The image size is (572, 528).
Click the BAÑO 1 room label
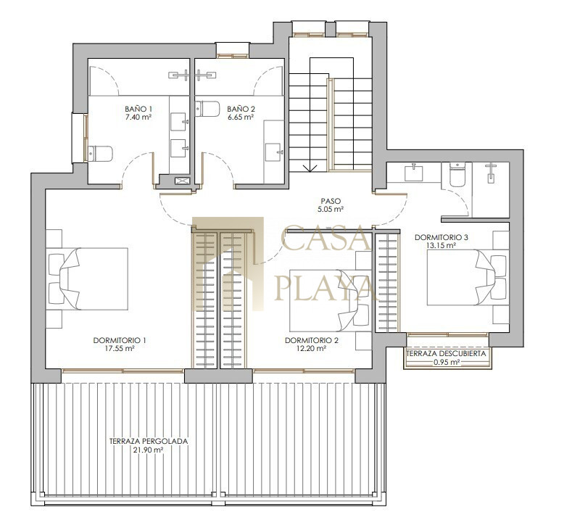[138, 109]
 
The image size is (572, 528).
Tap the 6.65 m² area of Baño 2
[241, 117]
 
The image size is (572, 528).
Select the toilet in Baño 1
[99, 154]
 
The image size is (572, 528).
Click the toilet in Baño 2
[207, 109]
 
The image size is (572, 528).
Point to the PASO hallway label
[331, 201]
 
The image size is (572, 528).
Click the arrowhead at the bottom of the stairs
[310, 168]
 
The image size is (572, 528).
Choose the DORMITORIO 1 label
[120, 340]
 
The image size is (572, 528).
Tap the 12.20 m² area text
[311, 348]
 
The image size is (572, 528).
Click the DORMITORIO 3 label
[441, 237]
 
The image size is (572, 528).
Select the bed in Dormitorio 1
[88, 279]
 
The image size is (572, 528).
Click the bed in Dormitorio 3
[468, 277]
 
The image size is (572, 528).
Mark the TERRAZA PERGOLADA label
[149, 441]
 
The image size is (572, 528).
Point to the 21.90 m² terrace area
[148, 450]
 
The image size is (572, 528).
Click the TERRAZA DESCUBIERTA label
[446, 354]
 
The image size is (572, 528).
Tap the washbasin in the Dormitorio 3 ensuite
[414, 173]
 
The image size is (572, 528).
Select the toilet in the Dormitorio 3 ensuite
[457, 174]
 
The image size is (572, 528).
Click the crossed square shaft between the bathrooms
[182, 181]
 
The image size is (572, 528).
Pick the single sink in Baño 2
[273, 152]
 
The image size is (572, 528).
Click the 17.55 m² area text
[120, 348]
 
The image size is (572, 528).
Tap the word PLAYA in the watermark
[324, 287]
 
